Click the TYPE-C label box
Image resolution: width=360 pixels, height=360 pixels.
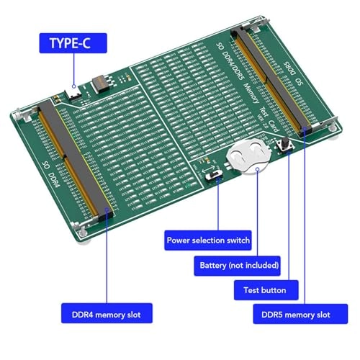(x=75, y=42)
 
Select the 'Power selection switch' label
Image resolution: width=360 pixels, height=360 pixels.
(x=209, y=240)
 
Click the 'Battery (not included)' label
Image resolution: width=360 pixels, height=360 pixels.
(x=238, y=265)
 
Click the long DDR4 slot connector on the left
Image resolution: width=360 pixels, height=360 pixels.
(x=76, y=158)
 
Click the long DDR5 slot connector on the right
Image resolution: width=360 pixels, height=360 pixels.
(x=272, y=79)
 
